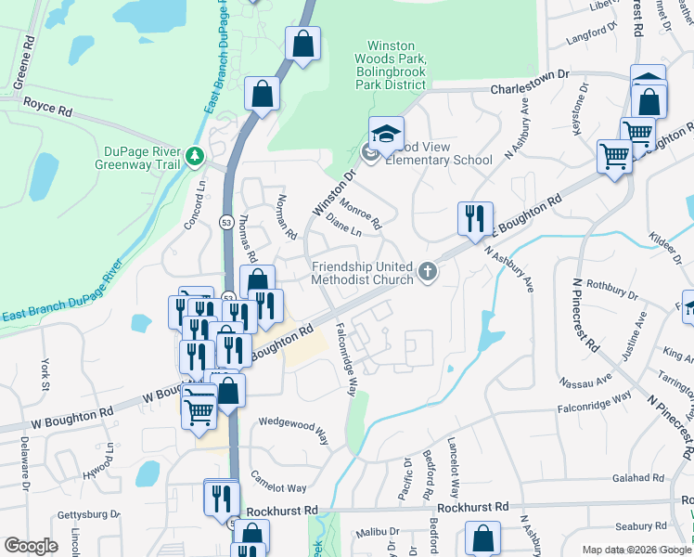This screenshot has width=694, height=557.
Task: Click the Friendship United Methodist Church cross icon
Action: (x=428, y=272)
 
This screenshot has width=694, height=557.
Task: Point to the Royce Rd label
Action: (x=48, y=108)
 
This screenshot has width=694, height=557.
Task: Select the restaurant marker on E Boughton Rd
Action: (x=475, y=219)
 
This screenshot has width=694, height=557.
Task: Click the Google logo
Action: (x=31, y=546)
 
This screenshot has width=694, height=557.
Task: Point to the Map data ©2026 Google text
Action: (x=635, y=550)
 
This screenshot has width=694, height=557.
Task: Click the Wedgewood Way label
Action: (x=293, y=429)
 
